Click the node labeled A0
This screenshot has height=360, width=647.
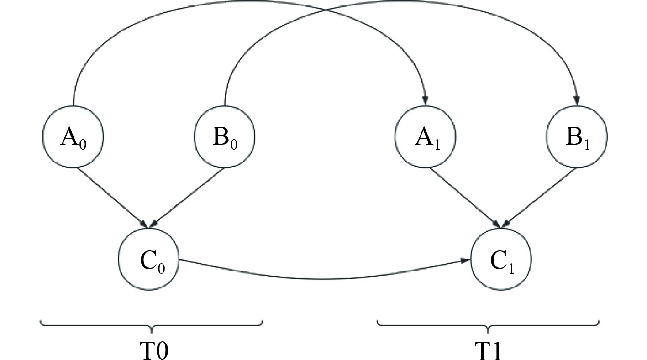tap(73, 136)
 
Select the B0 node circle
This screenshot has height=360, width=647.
tap(224, 136)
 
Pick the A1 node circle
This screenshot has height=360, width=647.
tap(425, 136)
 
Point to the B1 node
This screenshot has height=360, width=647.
tap(577, 136)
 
